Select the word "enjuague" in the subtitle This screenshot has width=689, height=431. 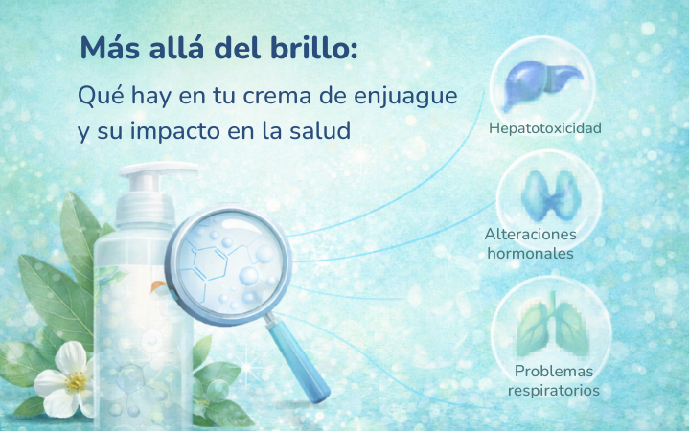coord(405,97)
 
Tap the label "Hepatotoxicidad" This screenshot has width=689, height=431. coord(545,128)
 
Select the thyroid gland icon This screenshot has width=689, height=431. coord(551,196)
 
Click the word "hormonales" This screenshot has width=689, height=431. coord(530,254)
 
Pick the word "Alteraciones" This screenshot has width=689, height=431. coord(530,234)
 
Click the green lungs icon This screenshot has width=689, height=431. coord(552,325)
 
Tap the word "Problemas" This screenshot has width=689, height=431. coord(554,372)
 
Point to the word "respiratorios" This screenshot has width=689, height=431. coord(554,391)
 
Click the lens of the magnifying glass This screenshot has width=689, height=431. coord(229,265)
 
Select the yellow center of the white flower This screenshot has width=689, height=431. coord(76,381)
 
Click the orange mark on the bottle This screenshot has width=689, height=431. coord(157,286)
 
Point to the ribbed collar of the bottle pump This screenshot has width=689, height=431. coord(146,209)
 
